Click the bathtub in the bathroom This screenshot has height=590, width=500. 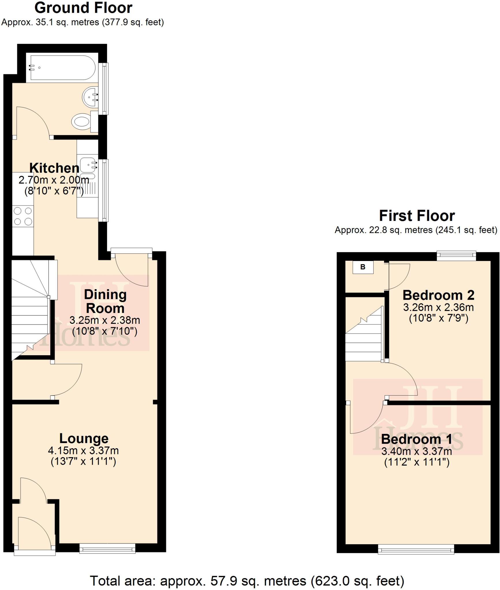(x=62, y=68)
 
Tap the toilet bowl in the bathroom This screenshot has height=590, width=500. (x=81, y=122)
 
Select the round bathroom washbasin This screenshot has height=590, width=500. (x=90, y=97)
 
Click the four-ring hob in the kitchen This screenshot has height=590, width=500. (x=23, y=216)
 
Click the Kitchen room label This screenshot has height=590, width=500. (x=54, y=168)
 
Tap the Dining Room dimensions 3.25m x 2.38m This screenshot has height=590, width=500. (x=105, y=320)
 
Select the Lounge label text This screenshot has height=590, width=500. (x=84, y=438)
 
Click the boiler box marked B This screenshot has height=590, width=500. (x=363, y=267)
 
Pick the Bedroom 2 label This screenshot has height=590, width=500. (x=438, y=295)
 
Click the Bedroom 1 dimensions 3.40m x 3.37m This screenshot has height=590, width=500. (x=417, y=451)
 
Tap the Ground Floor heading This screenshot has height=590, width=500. (x=83, y=8)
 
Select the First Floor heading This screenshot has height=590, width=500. (x=417, y=216)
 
